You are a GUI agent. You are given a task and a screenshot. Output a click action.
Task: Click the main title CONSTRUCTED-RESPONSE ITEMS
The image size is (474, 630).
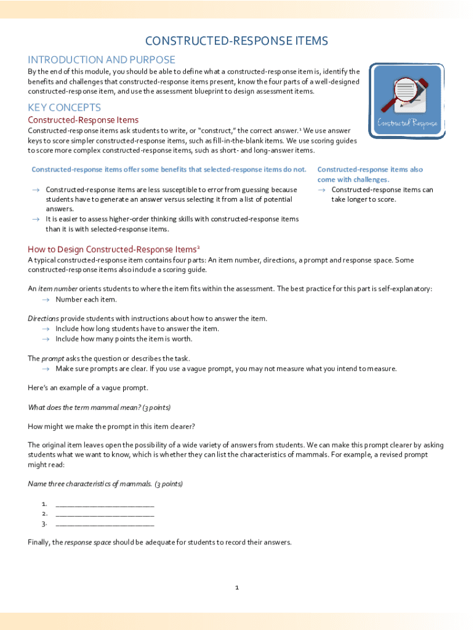[x=236, y=41]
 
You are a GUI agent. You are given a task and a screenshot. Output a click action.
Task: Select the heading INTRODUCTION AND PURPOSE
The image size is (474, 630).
[x=102, y=60]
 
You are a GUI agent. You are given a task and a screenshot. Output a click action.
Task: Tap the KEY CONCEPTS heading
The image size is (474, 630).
[x=64, y=108]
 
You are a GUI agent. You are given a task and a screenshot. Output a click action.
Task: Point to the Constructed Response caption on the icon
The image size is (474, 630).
[x=407, y=123]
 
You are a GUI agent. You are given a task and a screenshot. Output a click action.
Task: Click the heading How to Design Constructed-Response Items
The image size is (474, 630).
[x=113, y=249]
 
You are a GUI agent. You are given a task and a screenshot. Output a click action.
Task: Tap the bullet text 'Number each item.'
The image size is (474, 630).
[x=86, y=299]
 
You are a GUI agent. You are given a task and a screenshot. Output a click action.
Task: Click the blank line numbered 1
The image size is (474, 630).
[x=105, y=504]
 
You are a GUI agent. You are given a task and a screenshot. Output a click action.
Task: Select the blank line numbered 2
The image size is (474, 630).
[x=105, y=514]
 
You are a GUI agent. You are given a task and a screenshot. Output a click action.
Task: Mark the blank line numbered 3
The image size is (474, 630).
[x=105, y=524]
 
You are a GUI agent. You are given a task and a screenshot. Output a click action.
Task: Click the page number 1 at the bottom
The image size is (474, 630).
[x=236, y=588]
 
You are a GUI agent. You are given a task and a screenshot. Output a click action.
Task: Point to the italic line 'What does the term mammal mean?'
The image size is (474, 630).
[x=99, y=407]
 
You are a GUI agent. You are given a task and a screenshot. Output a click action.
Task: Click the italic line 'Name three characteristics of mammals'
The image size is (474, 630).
[x=105, y=484]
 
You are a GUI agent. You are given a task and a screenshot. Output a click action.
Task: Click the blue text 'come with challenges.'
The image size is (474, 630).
[x=353, y=180]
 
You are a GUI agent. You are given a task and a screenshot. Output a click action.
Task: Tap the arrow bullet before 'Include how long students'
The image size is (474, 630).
[x=45, y=329]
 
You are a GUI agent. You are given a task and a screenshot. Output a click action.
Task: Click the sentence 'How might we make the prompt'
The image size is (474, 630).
[x=111, y=426]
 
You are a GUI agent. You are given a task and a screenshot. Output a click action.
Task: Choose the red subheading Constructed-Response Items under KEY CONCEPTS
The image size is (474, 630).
[x=83, y=120]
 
